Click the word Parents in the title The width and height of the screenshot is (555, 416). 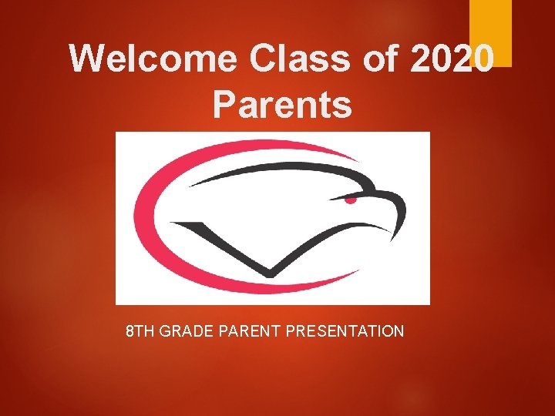pos(282,105)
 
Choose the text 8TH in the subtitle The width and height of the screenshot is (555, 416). pos(140,331)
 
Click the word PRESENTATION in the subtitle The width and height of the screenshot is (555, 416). pos(345,331)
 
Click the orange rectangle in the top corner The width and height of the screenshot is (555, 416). pos(490,32)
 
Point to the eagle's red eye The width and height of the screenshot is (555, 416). pos(351,200)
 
